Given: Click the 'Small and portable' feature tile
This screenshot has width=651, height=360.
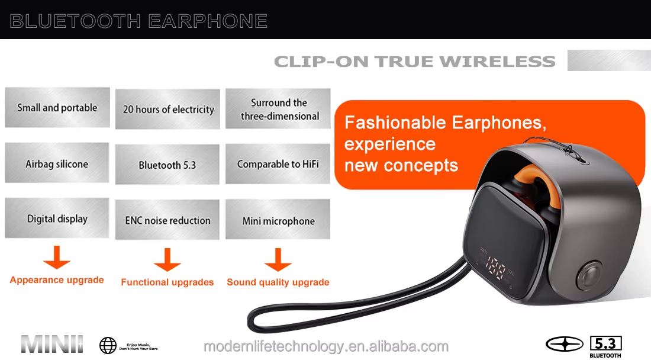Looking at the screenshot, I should coord(57,108).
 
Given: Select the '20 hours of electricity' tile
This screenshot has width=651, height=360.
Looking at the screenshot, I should coord(168,109).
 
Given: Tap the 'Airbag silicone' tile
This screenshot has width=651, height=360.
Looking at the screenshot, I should coord(57,163).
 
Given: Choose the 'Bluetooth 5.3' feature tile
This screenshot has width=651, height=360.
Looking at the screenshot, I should coord(167,165).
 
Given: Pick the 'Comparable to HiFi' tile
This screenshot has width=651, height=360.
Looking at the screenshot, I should coord(278,163).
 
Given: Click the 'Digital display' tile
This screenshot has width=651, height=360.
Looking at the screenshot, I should coord(57,218).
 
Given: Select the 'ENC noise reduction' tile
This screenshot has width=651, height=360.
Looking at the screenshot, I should coord(167,220).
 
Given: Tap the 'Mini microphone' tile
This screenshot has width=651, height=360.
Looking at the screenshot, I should coord(278,221).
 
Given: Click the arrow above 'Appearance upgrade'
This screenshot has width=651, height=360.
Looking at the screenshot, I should coord(57,258).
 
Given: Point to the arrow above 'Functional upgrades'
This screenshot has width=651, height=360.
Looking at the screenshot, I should coord(167,260).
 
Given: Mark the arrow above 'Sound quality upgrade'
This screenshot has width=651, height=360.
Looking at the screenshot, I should coord(278,260).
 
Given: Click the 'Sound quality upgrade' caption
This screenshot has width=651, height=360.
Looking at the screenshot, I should coord(278,282).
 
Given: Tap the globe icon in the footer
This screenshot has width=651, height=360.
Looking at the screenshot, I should coord(108,345).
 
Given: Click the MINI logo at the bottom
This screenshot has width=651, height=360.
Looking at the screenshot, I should coord(52,345).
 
